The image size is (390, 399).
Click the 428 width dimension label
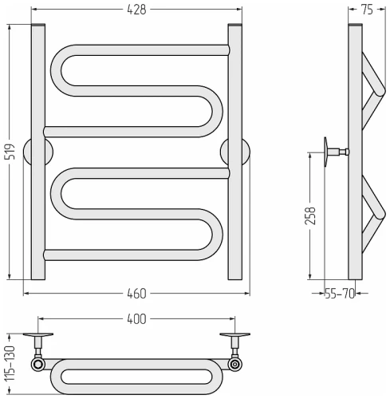pos(136,10)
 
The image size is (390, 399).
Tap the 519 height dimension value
pos(10,152)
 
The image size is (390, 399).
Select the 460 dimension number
pos(136,294)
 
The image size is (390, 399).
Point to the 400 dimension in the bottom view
pos(136,319)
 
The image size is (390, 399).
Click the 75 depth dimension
pos(368,10)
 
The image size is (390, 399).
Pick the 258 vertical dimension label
pos(310,216)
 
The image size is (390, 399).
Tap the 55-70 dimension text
pos(340,294)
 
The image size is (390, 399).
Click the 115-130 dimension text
pos(10,363)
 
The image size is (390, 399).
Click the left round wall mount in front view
pos(38,152)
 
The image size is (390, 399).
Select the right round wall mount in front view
pos(235,152)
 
